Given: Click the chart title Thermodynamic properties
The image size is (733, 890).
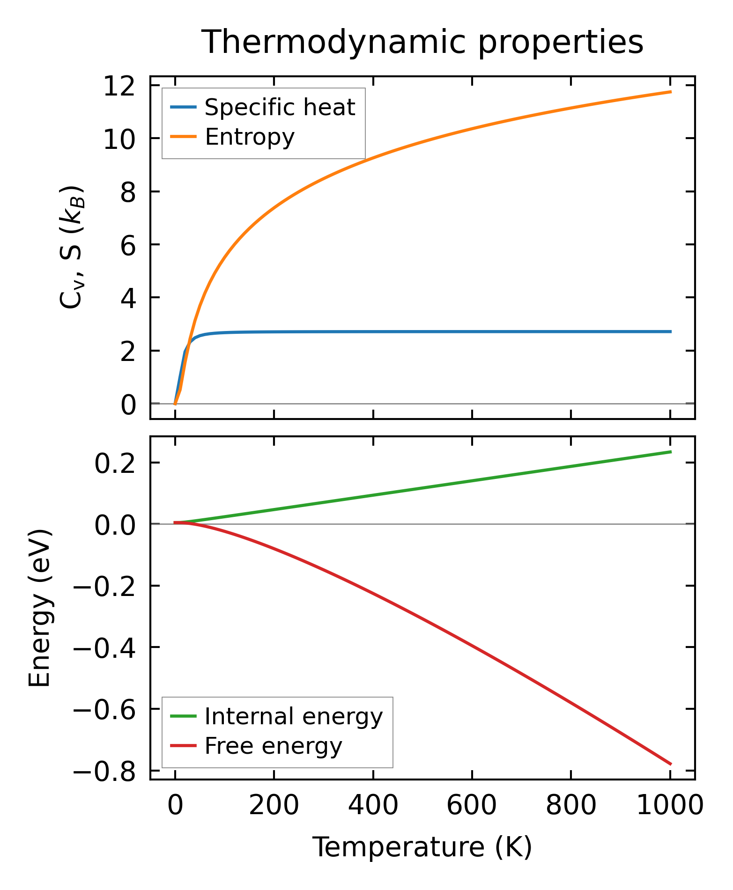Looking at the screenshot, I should pos(422,42).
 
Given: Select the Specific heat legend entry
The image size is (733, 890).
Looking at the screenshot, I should pos(280,108).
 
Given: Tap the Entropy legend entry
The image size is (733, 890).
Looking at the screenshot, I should pos(250,137).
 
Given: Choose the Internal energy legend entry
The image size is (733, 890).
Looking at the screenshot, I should pos(294,717).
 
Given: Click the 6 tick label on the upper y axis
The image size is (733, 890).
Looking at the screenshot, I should pos(128,245).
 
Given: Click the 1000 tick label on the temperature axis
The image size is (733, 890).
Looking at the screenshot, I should pos(670,806).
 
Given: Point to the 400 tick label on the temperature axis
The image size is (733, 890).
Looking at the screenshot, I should pos(373,806).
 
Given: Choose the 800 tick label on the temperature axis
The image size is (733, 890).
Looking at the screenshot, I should pos(571,806).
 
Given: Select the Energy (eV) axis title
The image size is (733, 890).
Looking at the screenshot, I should pos(40,609).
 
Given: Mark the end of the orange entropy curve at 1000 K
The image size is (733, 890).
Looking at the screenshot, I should pos(671,92).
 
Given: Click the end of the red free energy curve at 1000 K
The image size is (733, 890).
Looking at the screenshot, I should pos(671,764).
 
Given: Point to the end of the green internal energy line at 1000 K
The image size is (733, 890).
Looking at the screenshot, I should pos(671,452).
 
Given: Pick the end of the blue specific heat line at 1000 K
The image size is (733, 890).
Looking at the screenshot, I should pos(671,332).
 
